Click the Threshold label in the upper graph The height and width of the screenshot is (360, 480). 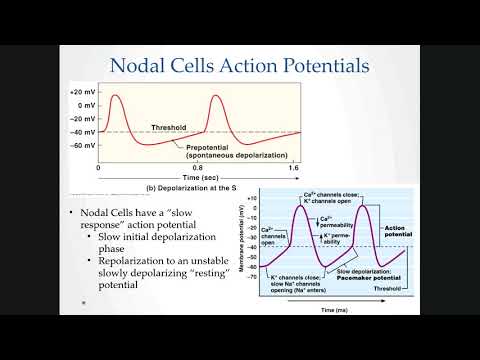[x=169, y=127]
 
